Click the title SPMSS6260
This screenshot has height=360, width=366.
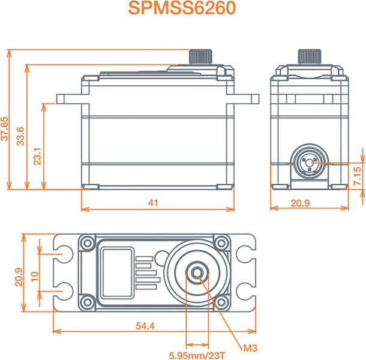[x=182, y=8]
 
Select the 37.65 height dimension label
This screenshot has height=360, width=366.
[x=5, y=129]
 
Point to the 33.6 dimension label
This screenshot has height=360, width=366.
[x=20, y=136]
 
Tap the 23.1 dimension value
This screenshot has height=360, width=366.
[x=37, y=156]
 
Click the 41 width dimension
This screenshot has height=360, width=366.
[x=153, y=203]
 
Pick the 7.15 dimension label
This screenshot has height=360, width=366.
[x=358, y=176]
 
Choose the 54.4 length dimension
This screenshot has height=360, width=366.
[x=145, y=326]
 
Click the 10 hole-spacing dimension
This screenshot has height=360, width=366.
[x=35, y=277]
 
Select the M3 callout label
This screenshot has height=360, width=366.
[x=250, y=349]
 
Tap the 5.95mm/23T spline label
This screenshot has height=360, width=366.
[x=197, y=356]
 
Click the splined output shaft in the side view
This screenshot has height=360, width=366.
[x=200, y=56]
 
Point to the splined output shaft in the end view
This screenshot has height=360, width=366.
[x=310, y=56]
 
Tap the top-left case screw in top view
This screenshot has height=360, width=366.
[x=88, y=243]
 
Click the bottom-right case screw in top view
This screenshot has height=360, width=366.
[x=221, y=302]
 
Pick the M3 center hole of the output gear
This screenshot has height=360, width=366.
[x=197, y=272]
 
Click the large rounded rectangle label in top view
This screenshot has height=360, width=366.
[x=117, y=272]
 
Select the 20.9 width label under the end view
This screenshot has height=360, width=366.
[x=300, y=203]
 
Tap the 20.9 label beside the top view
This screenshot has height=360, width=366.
[x=19, y=277]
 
